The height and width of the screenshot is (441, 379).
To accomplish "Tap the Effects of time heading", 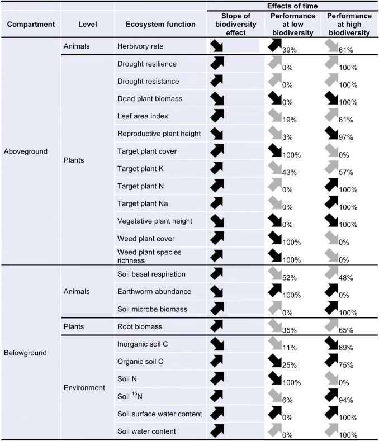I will pyautogui.click(x=293, y=6).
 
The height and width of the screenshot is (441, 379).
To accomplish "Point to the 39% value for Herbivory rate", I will pyautogui.click(x=290, y=51).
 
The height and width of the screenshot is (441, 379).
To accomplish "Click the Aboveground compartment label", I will pyautogui.click(x=27, y=151).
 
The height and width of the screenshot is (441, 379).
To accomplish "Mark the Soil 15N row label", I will pyautogui.click(x=133, y=396).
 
